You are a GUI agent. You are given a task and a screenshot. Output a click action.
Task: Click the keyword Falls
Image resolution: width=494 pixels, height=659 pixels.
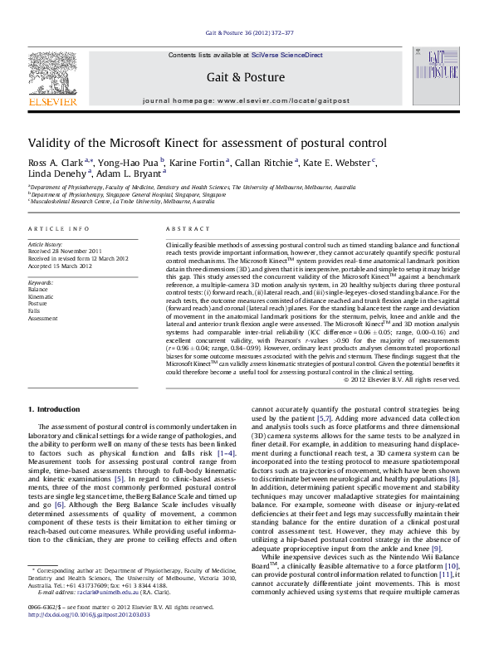click(35, 310)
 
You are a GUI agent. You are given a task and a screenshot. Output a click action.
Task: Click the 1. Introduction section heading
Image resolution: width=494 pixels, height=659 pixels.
click(54, 408)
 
